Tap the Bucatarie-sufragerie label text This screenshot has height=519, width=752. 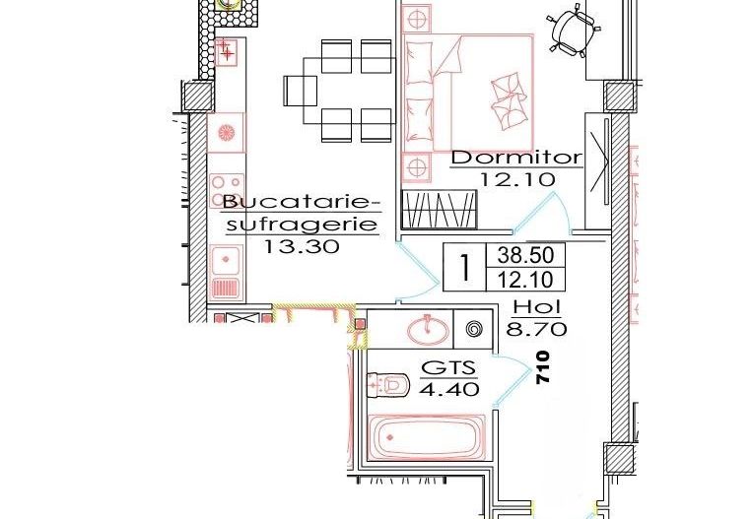pyautogui.click(x=301, y=214)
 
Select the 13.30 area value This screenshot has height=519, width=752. pyautogui.click(x=302, y=247)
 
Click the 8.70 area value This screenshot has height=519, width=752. pyautogui.click(x=530, y=329)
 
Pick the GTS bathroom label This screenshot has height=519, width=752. pyautogui.click(x=448, y=368)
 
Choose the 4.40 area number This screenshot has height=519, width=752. pyautogui.click(x=449, y=389)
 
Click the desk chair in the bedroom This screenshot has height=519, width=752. pyautogui.click(x=573, y=29)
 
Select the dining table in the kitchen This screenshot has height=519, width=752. pyautogui.click(x=340, y=91)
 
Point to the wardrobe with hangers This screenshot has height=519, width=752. pyautogui.click(x=440, y=212)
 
